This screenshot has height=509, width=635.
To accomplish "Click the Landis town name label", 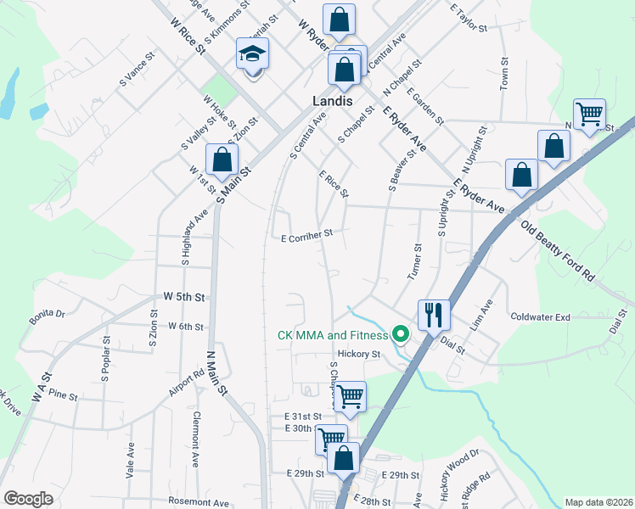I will [x=332, y=100].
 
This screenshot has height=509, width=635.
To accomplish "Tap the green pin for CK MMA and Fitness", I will [x=402, y=334].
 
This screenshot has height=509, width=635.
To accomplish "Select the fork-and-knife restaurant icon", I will [x=433, y=315].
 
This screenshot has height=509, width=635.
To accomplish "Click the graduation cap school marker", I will [x=252, y=55].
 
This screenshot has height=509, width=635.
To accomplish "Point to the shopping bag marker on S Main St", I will [x=222, y=159].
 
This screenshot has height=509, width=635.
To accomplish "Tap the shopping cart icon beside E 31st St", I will [x=350, y=396].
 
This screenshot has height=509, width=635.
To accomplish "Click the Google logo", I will [x=28, y=499].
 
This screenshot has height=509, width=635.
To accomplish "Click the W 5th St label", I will [x=185, y=298].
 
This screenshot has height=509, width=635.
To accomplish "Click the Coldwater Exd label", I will [x=540, y=316].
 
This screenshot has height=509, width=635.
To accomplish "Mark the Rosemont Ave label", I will [x=199, y=502].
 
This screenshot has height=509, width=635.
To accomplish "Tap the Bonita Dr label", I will [x=48, y=314].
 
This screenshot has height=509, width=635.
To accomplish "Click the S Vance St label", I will [x=138, y=70].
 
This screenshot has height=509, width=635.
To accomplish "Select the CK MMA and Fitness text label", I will [x=333, y=334].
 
